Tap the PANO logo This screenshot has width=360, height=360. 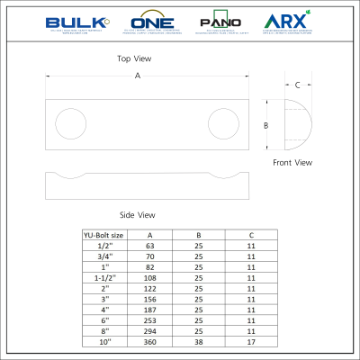tap(221, 22)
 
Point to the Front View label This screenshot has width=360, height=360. tap(292, 163)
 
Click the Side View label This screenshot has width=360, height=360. tap(138, 215)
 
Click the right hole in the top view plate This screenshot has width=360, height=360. tap(220, 121)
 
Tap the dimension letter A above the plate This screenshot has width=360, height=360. tap(138, 76)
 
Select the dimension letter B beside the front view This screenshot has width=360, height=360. tap(265, 125)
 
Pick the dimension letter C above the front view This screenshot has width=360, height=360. tap(298, 86)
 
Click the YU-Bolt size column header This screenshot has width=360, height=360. tap(103, 235)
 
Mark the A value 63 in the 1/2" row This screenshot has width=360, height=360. tap(149, 245)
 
